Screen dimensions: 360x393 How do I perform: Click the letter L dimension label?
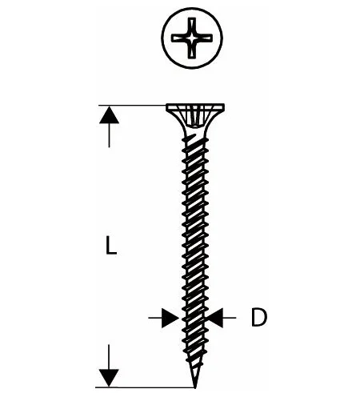click(x=111, y=246)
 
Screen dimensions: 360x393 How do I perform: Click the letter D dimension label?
click(x=258, y=317)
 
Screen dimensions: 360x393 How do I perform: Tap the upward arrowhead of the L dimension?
click(x=109, y=115)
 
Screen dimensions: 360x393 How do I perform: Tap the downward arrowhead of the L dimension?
click(x=109, y=378)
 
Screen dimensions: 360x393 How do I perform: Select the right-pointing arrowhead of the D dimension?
click(x=170, y=318)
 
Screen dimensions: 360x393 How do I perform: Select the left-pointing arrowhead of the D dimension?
click(x=214, y=318)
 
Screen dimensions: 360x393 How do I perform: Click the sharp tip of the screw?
click(x=195, y=387)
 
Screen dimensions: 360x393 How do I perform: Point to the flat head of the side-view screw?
click(x=195, y=107)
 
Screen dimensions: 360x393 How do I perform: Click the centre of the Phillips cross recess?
click(x=192, y=38)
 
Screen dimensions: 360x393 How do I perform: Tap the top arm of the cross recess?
click(x=192, y=26)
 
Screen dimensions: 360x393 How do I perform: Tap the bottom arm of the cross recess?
click(x=192, y=50)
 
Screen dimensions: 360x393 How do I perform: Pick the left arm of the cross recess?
click(x=180, y=38)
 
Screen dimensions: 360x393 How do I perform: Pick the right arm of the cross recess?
click(x=204, y=38)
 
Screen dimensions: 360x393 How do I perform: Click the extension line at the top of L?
click(x=133, y=106)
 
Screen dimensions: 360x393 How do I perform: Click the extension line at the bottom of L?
click(x=145, y=387)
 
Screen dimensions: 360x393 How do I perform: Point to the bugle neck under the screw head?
click(x=195, y=124)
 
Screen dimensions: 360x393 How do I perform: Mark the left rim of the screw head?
click(x=167, y=107)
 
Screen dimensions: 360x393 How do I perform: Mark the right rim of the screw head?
click(x=223, y=107)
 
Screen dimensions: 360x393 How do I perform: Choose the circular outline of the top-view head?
click(x=192, y=9)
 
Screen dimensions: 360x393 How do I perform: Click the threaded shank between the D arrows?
click(x=194, y=318)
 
